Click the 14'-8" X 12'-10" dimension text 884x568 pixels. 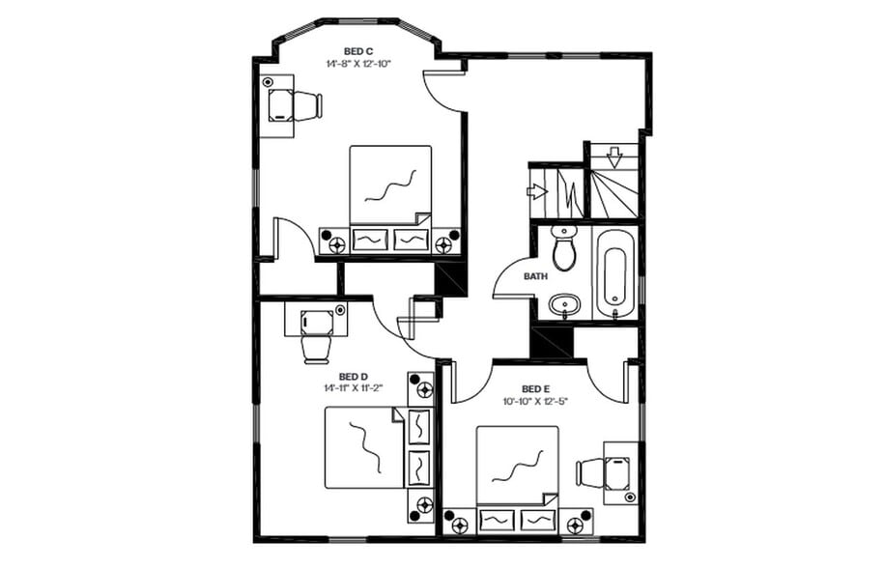point(357,63)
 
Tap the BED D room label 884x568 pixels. point(353,376)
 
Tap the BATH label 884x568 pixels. point(535,276)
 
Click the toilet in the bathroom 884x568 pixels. point(564,249)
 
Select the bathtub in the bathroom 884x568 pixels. point(615,271)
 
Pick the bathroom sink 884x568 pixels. point(563,306)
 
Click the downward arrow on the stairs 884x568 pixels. point(614,156)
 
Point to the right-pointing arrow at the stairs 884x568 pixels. point(537,191)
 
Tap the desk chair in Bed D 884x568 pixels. point(316,347)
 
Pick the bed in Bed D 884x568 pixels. point(363,446)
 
